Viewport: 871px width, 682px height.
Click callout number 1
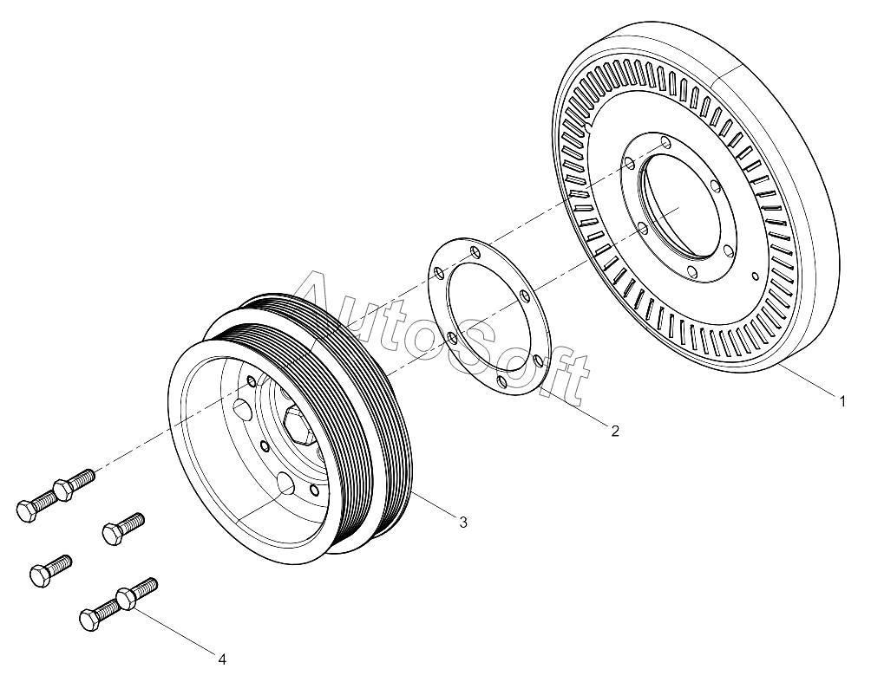point(842,400)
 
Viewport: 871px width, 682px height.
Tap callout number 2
point(615,430)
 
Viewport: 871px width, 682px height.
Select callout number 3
point(462,523)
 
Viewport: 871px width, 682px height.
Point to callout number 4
point(222,659)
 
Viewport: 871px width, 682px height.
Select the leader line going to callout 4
point(174,629)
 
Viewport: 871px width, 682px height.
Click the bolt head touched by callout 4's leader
point(126,600)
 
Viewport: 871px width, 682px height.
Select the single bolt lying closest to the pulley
point(123,528)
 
